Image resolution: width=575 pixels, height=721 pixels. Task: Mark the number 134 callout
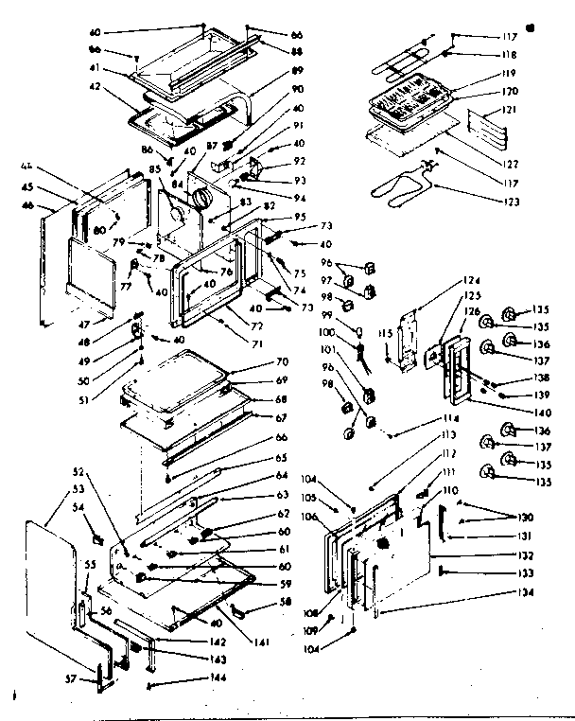click(x=526, y=592)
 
